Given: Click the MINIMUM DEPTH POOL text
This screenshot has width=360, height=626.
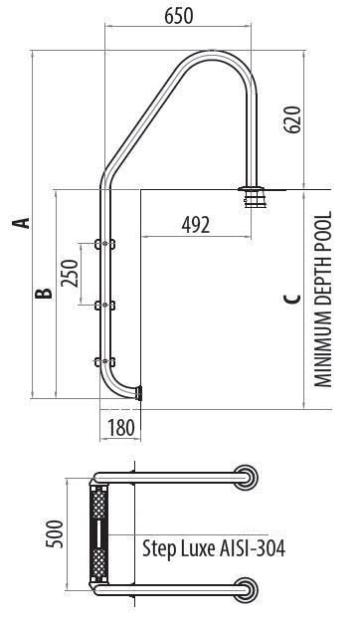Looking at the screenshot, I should [x=322, y=298].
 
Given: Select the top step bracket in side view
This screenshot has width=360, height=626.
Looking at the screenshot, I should [x=101, y=242].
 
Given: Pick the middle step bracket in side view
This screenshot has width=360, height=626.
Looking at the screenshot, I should [x=101, y=303].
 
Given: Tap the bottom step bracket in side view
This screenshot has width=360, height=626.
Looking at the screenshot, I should [x=101, y=361].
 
